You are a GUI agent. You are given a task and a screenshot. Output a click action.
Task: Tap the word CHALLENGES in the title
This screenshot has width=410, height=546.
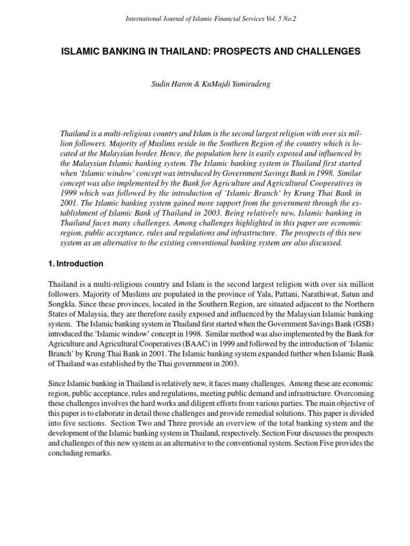[x=327, y=52]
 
